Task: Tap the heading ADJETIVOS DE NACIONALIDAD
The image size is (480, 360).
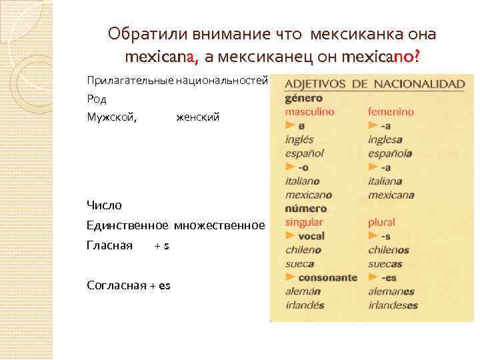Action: click(374, 85)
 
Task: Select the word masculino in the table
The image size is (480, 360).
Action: click(310, 112)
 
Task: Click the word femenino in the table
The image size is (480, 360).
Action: click(391, 112)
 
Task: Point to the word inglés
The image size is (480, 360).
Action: click(299, 139)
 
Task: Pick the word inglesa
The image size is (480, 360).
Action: click(385, 139)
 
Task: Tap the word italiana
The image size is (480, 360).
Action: click(385, 181)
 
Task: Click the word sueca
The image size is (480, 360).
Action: click(299, 264)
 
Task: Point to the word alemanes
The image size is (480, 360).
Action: click(391, 291)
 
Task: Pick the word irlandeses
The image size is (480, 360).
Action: click(393, 305)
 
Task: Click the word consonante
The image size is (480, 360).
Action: click(327, 277)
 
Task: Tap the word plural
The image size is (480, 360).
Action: click(381, 222)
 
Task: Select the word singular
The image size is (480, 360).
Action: click(304, 222)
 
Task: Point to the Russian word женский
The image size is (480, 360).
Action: click(197, 117)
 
